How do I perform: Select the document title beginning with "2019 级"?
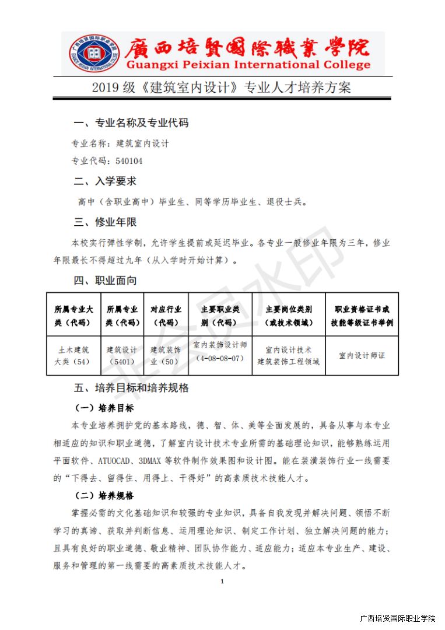222,88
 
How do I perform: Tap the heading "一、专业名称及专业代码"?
131,123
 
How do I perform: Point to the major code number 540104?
129,161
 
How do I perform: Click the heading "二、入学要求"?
105,181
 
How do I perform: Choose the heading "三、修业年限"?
105,222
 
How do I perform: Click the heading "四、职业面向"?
105,281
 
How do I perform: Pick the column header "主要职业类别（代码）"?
220,316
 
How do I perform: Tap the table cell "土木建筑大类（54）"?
73,355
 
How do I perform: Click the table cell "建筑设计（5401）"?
121,355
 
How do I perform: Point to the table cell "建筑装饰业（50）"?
166,355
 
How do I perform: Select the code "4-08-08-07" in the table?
220,358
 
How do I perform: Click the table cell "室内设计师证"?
362,355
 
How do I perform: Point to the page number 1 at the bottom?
222,582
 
